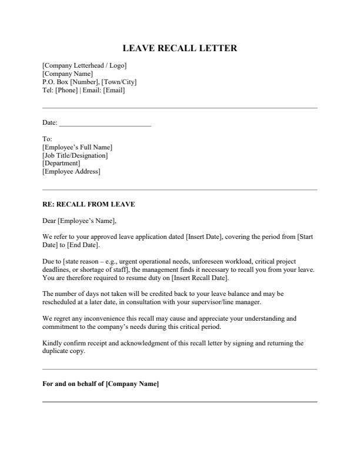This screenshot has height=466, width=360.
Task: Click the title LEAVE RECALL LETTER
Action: [x=180, y=48]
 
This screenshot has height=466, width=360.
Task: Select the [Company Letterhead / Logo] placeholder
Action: [x=84, y=65]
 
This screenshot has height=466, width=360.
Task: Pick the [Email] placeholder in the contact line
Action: [x=114, y=90]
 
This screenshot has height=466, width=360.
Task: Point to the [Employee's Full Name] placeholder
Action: [x=77, y=147]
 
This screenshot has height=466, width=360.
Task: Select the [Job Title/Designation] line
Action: [x=75, y=155]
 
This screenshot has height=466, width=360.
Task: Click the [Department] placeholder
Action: [x=61, y=164]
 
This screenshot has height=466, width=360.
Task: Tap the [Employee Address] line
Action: [x=71, y=172]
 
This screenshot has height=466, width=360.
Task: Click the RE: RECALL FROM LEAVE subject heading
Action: [x=89, y=205]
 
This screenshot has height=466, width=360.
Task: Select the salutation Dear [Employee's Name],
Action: [x=79, y=221]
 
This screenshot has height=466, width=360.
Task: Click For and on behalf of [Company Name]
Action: [x=101, y=384]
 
